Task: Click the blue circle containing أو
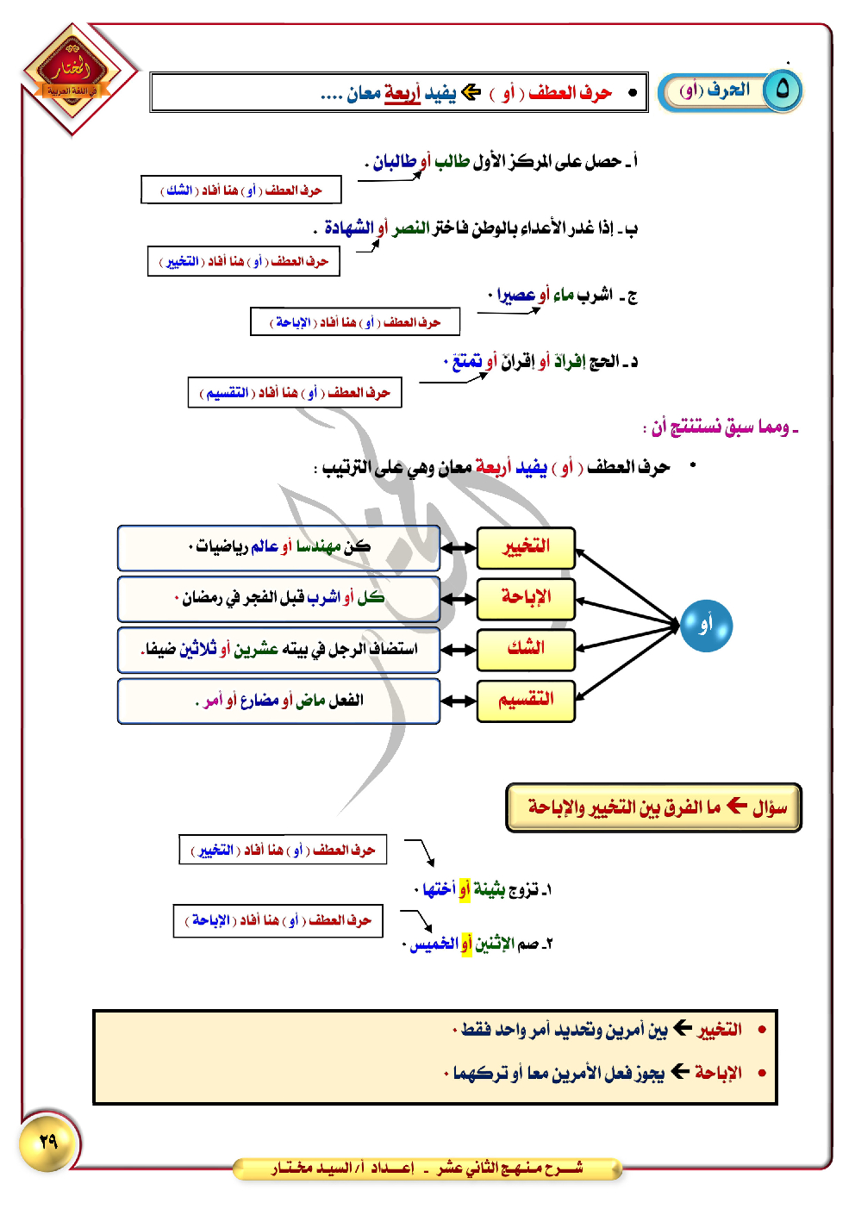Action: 706,626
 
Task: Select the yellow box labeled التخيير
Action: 526,547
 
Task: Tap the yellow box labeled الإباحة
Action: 526,598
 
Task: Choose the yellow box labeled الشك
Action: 526,649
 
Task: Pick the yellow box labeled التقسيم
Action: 526,700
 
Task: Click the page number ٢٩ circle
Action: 48,1142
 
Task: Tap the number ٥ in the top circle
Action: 783,90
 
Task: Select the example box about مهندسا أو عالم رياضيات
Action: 278,547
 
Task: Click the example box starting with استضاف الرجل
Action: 278,649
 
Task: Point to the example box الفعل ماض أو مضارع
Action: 278,701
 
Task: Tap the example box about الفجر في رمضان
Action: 278,598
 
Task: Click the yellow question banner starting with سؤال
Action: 653,807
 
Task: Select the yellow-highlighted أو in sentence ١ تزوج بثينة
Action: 465,889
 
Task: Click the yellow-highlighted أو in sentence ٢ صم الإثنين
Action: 466,944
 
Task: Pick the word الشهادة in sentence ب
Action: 349,227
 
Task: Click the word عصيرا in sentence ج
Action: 516,296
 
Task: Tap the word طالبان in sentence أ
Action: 396,161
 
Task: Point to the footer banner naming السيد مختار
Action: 427,1168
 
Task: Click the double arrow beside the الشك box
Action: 459,650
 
